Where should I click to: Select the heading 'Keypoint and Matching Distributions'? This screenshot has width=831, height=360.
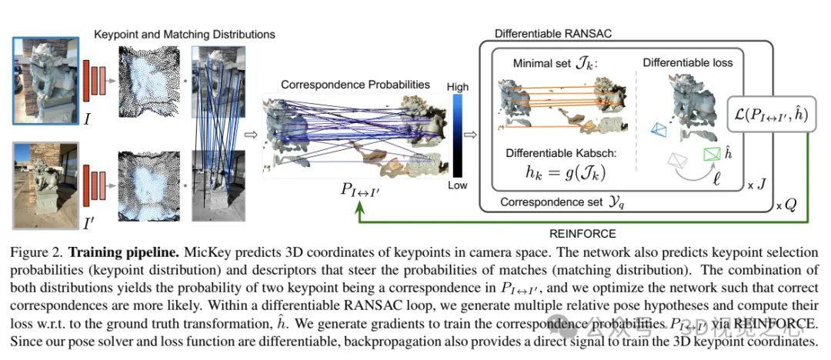184,35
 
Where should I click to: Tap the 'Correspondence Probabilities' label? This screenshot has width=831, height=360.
355,85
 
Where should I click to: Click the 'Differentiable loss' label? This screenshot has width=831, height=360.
687,63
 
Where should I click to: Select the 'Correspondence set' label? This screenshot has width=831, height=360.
547,202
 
